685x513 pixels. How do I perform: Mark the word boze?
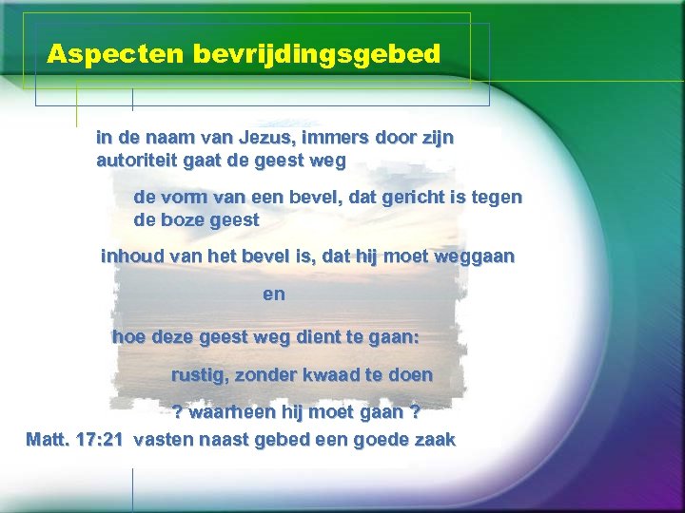tap(182, 220)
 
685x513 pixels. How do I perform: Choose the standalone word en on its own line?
tap(274, 294)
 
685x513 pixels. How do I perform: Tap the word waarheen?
tap(228, 413)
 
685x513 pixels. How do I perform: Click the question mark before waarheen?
tap(177, 413)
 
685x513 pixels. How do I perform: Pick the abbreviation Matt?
tap(49, 440)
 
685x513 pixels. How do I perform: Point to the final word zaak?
tap(436, 440)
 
